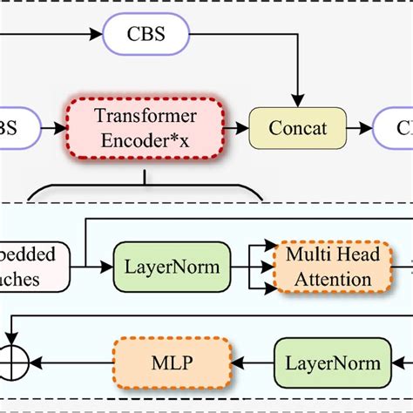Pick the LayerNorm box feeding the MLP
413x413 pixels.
pos(330,362)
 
